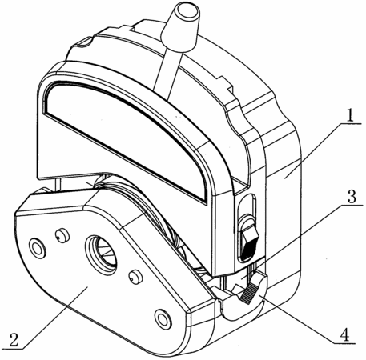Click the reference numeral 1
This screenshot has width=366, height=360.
point(350,114)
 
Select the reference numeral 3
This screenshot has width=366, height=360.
point(352,196)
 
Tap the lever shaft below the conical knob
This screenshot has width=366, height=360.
point(166,71)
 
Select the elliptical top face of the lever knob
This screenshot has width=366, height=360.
point(188,12)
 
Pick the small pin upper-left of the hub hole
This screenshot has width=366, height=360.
point(62,235)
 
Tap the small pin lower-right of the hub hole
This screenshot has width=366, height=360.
point(135,277)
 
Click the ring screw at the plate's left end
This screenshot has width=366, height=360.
point(38,248)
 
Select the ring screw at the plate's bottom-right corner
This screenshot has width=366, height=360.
point(163,319)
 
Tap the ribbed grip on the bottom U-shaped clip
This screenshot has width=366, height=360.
point(250,294)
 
